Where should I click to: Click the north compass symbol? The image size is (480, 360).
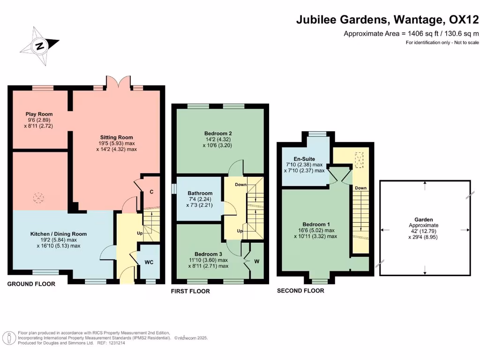[40, 46]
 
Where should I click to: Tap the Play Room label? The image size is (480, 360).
[39, 114]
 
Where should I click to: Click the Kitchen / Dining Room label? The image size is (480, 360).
[59, 234]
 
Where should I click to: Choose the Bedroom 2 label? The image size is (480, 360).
[218, 133]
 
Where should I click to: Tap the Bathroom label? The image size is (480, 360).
[200, 193]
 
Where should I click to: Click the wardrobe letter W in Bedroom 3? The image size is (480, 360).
[256, 262]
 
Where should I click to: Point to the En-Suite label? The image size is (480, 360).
[304, 159]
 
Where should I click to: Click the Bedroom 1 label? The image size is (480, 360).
[317, 224]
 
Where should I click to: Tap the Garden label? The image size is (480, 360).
[423, 219]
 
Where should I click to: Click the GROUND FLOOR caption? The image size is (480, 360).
[31, 284]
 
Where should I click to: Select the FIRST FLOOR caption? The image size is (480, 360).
[190, 291]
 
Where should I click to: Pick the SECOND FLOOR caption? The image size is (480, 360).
[300, 291]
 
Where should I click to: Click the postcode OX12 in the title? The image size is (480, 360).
[464, 20]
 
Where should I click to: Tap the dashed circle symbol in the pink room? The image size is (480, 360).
[37, 198]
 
